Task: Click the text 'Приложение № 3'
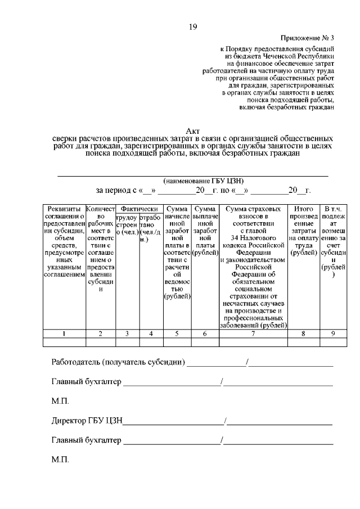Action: tap(308, 39)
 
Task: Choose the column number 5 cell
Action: tap(177, 334)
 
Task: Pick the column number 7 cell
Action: tap(253, 334)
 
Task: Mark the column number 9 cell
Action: tap(333, 334)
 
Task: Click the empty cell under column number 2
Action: tap(100, 341)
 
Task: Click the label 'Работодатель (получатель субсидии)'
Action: tap(118, 362)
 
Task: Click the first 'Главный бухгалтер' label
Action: tap(86, 382)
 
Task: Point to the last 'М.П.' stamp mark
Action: tap(60, 460)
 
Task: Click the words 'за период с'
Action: tap(116, 191)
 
